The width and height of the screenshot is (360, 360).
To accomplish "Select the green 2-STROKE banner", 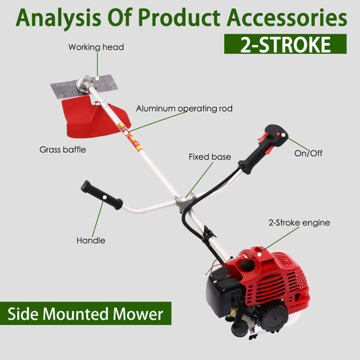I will tap(285, 45).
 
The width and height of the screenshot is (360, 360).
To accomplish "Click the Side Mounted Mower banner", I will tap(85, 314).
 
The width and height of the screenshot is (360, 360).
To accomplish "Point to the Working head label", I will tap(96, 48).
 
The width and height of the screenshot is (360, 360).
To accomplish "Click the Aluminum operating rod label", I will tap(184, 108).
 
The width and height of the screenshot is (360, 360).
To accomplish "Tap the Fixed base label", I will tap(209, 157).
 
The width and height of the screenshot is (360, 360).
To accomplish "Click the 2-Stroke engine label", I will tap(299, 222).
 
